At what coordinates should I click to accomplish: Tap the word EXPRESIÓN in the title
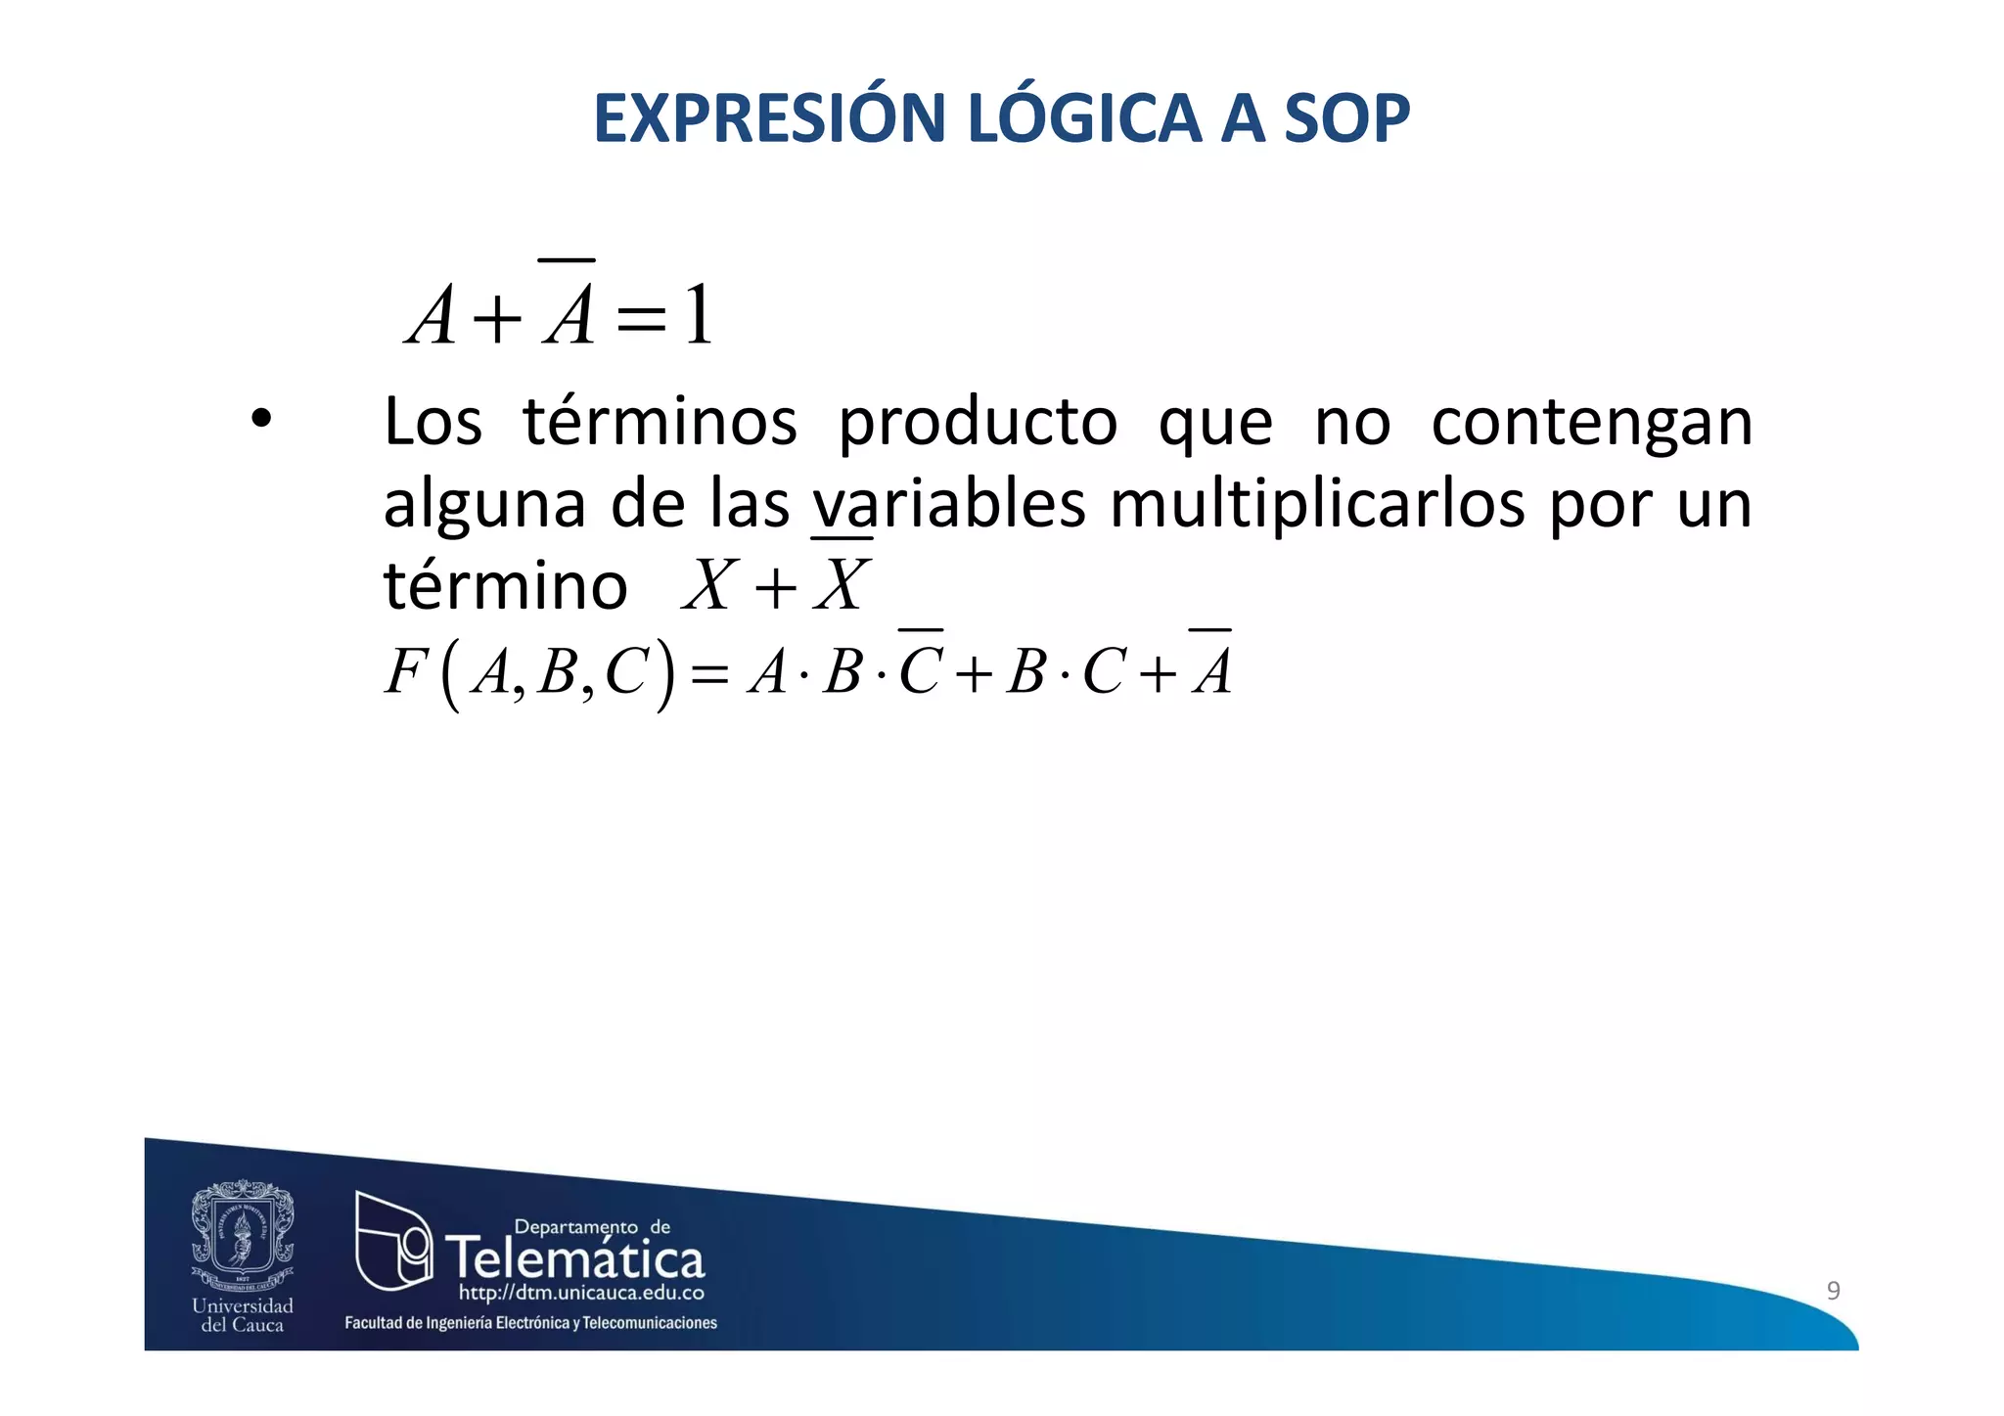click(768, 118)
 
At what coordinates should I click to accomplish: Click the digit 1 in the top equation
click(699, 315)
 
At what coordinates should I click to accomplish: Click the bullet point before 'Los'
click(260, 421)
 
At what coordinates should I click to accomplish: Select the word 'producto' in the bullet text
click(978, 423)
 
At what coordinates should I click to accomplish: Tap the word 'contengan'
click(1591, 423)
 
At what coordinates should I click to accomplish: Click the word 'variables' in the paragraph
click(948, 504)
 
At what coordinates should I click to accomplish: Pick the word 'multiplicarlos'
click(1317, 506)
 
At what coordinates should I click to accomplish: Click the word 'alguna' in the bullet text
click(483, 506)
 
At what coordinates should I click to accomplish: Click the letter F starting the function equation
click(405, 671)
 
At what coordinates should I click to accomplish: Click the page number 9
click(1833, 1290)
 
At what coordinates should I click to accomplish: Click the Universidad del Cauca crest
click(243, 1235)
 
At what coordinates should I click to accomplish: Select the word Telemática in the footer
click(575, 1258)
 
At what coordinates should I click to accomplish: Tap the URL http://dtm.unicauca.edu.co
click(581, 1294)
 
